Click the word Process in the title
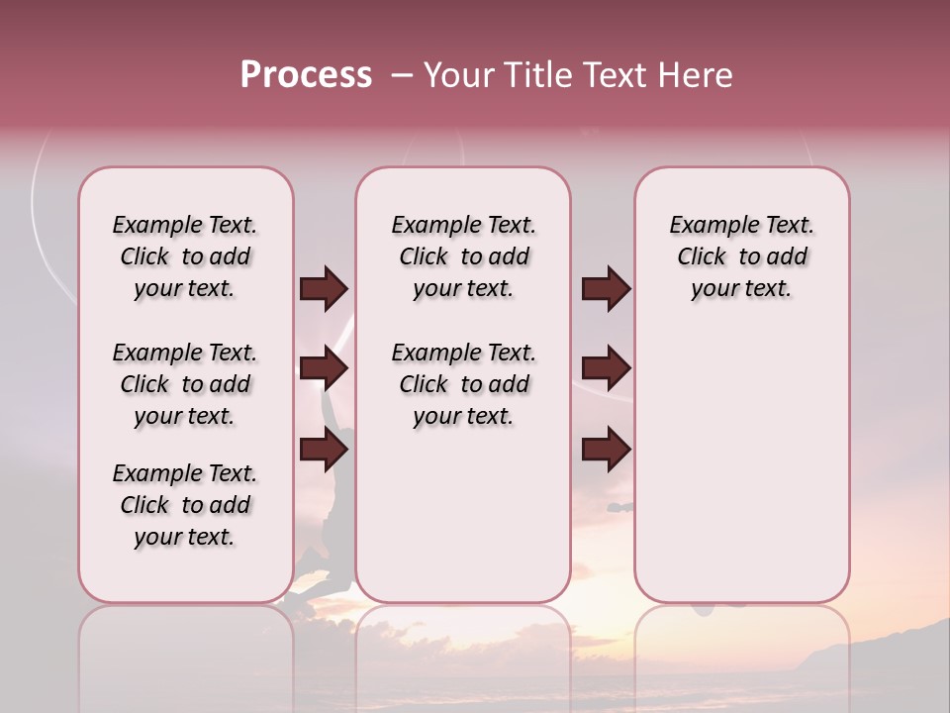(306, 75)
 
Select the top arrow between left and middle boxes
(323, 289)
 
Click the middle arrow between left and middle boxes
(323, 369)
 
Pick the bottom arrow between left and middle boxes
(323, 450)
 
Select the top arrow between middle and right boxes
(606, 289)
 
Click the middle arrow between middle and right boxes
(606, 369)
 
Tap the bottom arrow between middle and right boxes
(606, 450)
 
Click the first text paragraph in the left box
(185, 256)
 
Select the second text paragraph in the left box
(185, 384)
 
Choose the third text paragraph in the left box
(185, 505)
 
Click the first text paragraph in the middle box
(463, 256)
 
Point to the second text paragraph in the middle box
(463, 384)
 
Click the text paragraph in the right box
(741, 256)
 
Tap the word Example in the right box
(707, 226)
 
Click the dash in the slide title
(402, 75)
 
